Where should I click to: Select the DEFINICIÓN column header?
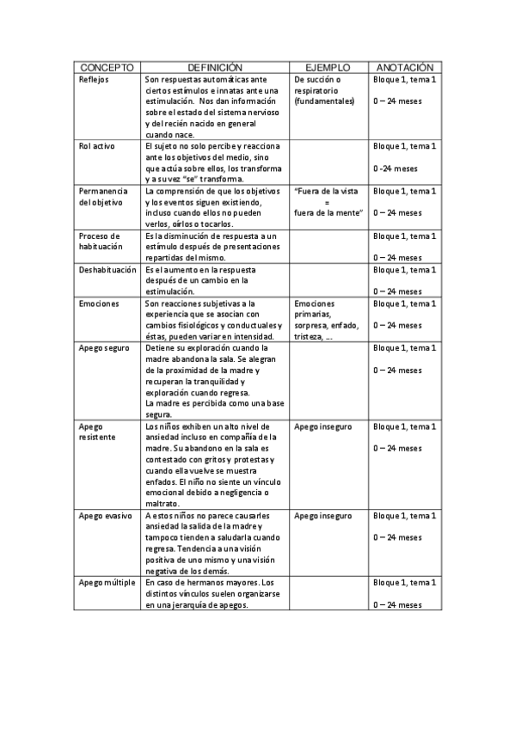tap(215, 67)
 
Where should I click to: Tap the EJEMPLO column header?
tap(328, 67)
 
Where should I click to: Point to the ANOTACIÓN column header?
tap(404, 67)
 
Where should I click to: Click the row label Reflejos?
tap(94, 79)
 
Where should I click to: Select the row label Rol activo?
tap(96, 147)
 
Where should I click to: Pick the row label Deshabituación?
tap(107, 269)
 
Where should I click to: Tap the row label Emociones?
tap(98, 303)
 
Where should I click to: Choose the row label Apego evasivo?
tap(105, 516)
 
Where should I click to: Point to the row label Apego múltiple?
tap(107, 583)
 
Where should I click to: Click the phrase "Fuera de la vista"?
tap(328, 191)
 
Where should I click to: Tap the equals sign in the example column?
tap(327, 202)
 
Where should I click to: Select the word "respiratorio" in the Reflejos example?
tap(316, 90)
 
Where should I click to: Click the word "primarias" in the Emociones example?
tap(314, 315)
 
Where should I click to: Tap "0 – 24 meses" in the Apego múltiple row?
tap(397, 605)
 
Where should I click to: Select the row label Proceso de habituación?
tap(101, 242)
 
